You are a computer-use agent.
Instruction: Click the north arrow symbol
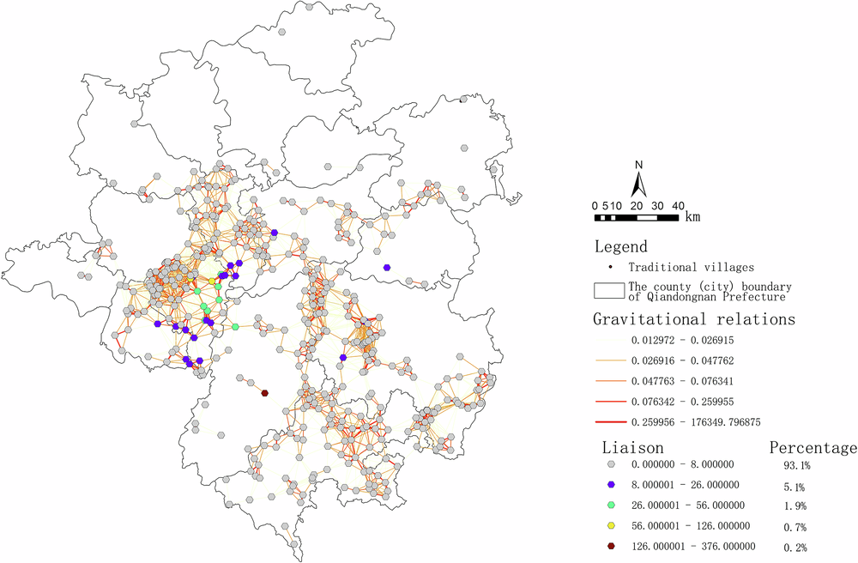point(638,185)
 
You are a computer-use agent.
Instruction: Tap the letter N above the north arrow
point(638,165)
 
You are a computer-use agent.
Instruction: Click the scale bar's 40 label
point(678,206)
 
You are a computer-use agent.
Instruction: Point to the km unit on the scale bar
point(692,217)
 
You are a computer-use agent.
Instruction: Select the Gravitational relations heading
point(693,319)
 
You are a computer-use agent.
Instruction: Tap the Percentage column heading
point(813,447)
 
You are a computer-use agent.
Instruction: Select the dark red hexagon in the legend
point(610,546)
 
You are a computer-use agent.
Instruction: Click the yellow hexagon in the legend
point(610,526)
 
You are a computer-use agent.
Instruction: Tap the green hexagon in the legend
point(610,505)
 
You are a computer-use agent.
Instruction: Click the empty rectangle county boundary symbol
point(607,290)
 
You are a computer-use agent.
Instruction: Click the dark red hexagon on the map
point(265,393)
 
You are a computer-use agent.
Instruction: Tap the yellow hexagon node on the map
point(212,281)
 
